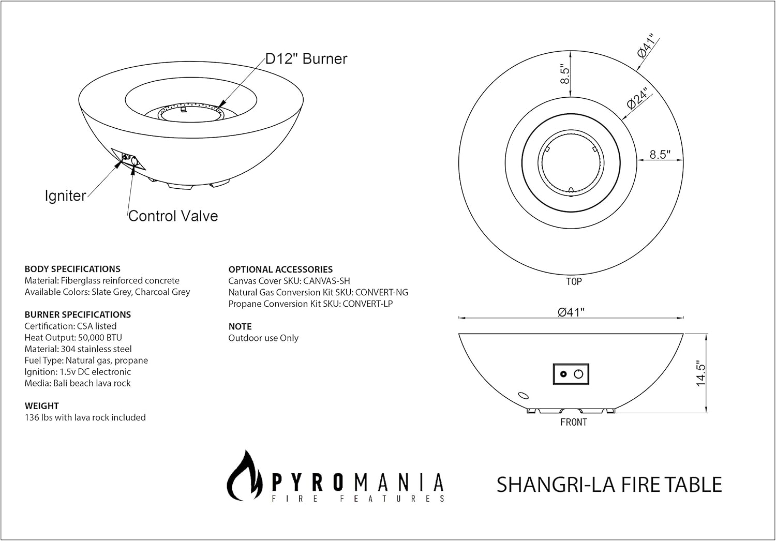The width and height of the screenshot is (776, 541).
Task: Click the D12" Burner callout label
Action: tap(306, 59)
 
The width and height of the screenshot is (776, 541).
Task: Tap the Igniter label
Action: tap(65, 196)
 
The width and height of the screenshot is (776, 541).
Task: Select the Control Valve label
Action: tap(173, 216)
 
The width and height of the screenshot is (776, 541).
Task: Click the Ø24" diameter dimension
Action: tap(637, 98)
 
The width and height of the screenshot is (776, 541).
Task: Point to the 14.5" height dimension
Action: tap(701, 373)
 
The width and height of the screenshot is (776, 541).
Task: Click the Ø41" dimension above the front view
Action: tap(571, 311)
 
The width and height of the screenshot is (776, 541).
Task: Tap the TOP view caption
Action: tap(574, 281)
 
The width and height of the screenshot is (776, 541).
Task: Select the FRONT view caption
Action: tap(574, 422)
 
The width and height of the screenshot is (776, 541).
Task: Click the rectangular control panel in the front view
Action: tap(571, 374)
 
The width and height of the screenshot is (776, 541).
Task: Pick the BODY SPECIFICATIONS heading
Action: tap(72, 269)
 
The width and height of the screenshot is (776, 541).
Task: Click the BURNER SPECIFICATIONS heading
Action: tap(78, 314)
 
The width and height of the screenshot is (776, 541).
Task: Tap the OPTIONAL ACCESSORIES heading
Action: tap(280, 269)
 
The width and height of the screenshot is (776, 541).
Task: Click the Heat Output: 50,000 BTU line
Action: tap(73, 338)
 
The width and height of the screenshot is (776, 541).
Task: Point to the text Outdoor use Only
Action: tap(263, 338)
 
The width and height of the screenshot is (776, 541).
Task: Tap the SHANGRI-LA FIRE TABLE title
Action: tap(609, 485)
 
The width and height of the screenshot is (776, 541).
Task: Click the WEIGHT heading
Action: tap(42, 406)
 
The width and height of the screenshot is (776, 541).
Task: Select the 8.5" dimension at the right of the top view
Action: tap(660, 154)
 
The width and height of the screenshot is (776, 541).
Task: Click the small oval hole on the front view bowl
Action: tap(524, 396)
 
